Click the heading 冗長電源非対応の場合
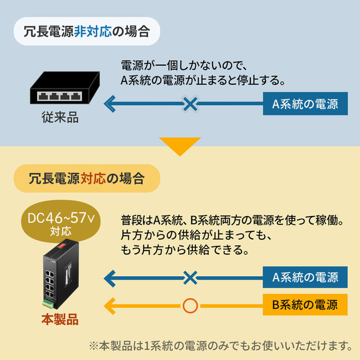click(x=87, y=31)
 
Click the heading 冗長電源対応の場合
click(x=87, y=178)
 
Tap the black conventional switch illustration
click(x=65, y=88)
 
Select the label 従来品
click(x=60, y=118)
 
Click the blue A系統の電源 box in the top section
click(x=305, y=103)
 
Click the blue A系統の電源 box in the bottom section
click(x=305, y=277)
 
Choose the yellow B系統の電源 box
click(x=305, y=305)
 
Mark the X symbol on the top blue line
click(x=190, y=103)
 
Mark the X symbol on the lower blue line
click(x=190, y=278)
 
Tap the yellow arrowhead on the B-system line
click(x=110, y=306)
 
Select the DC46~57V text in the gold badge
click(x=61, y=218)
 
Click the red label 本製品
click(x=60, y=319)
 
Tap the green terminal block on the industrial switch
click(x=48, y=304)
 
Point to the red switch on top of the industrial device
click(x=62, y=246)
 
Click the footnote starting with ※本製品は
click(x=220, y=346)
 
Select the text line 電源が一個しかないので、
click(x=184, y=65)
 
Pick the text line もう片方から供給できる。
click(x=185, y=250)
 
